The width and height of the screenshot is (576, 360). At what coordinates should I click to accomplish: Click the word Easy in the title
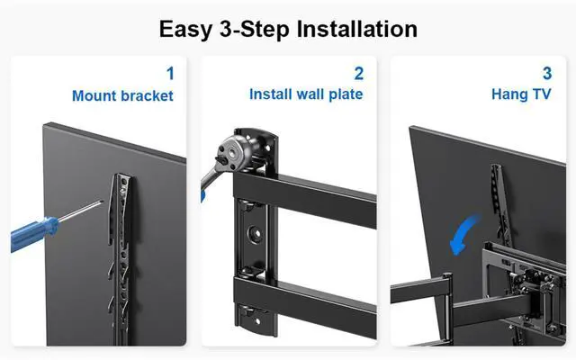pyautogui.click(x=185, y=30)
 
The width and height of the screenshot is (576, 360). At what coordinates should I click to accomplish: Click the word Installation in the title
pyautogui.click(x=356, y=29)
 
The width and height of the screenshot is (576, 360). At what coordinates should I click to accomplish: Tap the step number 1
pyautogui.click(x=170, y=74)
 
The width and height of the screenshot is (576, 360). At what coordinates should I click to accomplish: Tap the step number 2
pyautogui.click(x=359, y=74)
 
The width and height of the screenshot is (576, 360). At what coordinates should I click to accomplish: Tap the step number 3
pyautogui.click(x=547, y=74)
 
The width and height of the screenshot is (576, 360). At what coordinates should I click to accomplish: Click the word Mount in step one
pyautogui.click(x=94, y=96)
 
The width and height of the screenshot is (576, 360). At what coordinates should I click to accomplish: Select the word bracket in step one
pyautogui.click(x=147, y=96)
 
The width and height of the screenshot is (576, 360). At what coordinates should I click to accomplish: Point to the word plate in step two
pyautogui.click(x=346, y=95)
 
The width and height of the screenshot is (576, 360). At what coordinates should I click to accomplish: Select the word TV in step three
pyautogui.click(x=542, y=94)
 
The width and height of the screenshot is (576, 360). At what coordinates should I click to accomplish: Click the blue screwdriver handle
pyautogui.click(x=34, y=234)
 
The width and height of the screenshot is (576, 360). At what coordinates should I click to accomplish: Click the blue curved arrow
pyautogui.click(x=464, y=235)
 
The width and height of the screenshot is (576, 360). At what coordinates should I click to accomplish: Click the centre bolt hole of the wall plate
pyautogui.click(x=255, y=234)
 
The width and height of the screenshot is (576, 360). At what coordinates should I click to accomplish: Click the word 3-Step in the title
pyautogui.click(x=254, y=30)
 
